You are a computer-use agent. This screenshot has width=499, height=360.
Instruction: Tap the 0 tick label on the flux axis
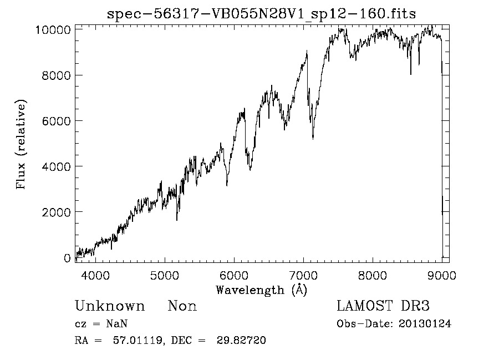(x=67, y=258)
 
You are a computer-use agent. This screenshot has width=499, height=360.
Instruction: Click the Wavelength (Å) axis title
(x=261, y=290)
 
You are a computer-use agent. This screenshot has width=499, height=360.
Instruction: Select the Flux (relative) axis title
(x=22, y=144)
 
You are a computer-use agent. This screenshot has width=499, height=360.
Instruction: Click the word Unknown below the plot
(x=110, y=306)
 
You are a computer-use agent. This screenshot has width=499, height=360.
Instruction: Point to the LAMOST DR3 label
(x=383, y=306)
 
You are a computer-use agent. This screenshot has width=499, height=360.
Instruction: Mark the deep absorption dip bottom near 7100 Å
(x=313, y=138)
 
